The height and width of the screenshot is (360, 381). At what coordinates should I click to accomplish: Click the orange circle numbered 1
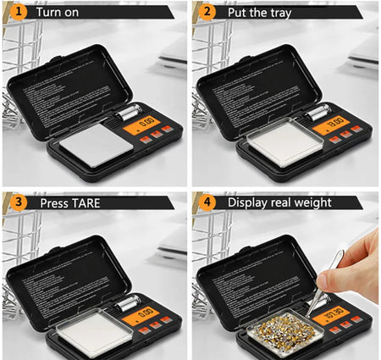(15, 13)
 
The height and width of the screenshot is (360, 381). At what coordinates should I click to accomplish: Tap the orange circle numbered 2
(207, 13)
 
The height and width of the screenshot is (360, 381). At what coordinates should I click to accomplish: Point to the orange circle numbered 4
(207, 202)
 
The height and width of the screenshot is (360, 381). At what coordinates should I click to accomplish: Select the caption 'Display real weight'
(279, 202)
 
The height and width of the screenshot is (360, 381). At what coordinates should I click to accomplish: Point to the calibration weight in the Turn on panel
(129, 112)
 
